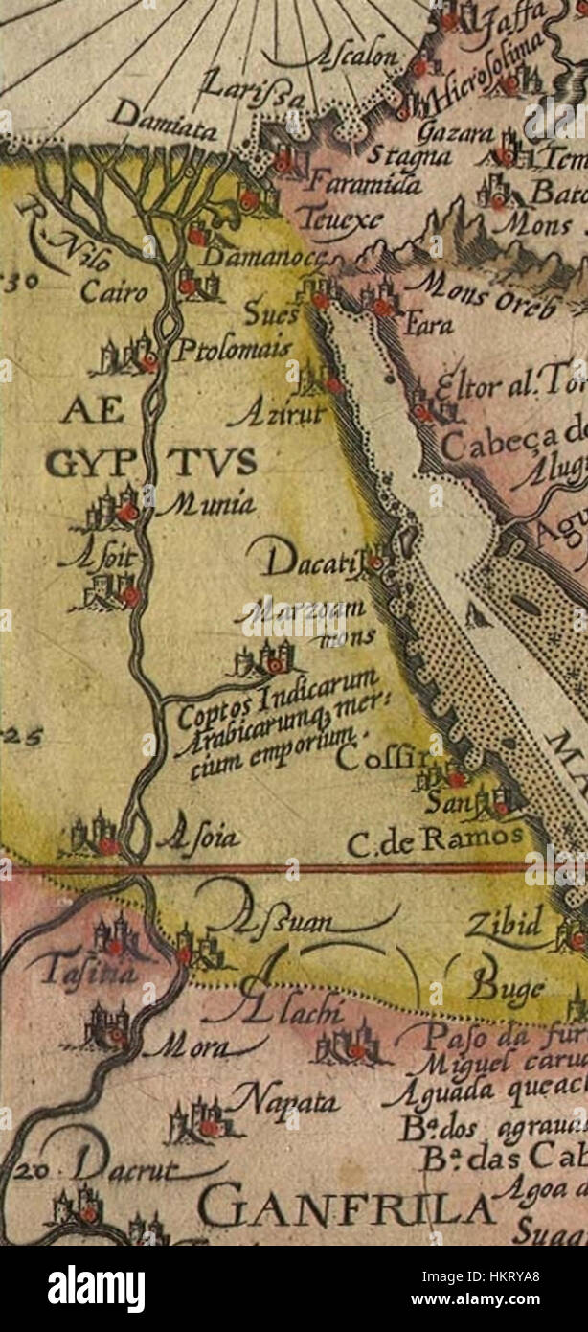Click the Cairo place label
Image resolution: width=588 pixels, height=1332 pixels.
[114, 291]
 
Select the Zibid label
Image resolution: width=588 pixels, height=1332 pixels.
[504, 924]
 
